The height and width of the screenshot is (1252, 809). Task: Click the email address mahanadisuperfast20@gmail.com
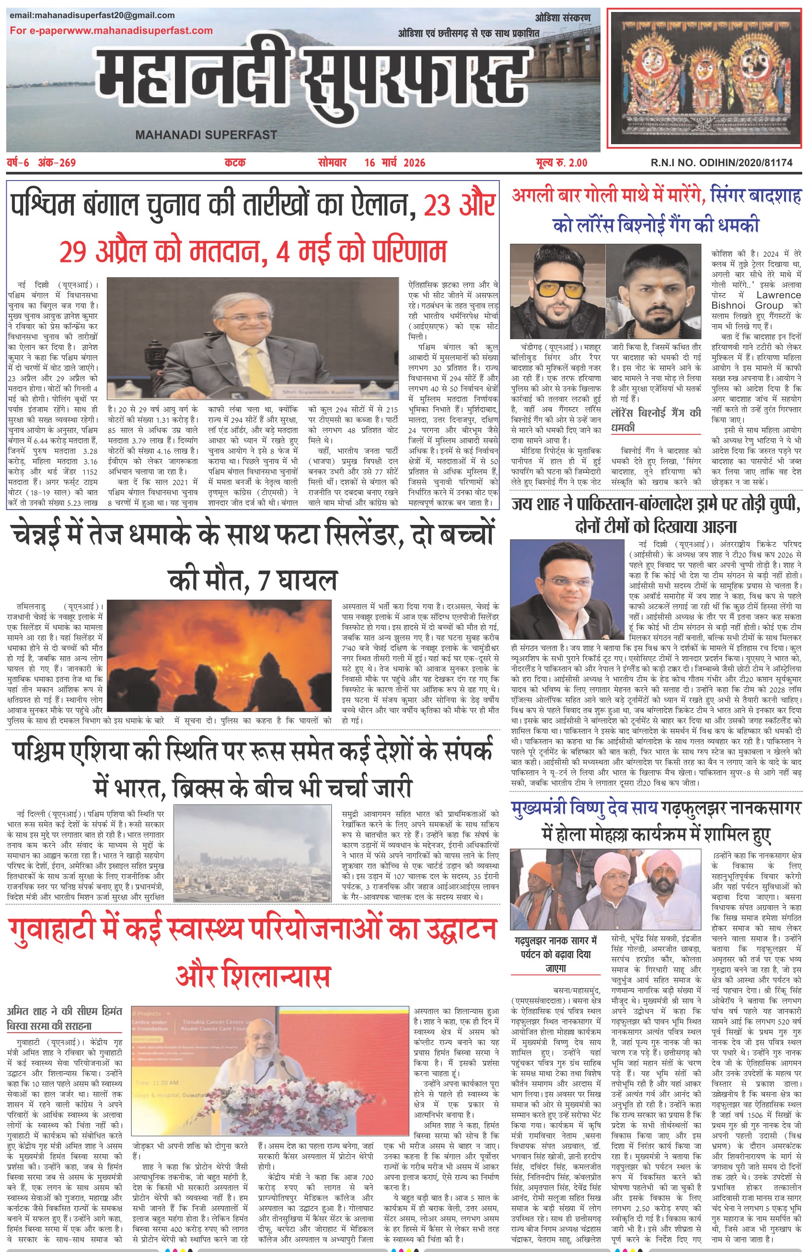92,15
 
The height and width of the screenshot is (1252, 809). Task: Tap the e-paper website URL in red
111,31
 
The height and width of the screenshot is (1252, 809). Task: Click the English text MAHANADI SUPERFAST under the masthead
206,135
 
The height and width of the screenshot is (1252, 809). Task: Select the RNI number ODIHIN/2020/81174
721,163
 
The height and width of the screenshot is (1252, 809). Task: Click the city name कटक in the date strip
235,163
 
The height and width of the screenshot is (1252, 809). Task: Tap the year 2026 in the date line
414,163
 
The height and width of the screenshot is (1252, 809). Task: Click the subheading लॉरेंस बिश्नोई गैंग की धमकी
656,420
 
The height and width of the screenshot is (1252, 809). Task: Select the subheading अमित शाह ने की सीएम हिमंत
65,1011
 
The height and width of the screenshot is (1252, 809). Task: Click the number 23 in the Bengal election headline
439,205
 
